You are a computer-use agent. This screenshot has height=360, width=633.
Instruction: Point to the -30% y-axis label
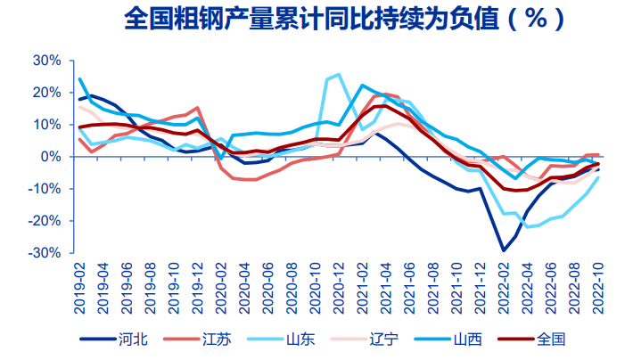coord(45,253)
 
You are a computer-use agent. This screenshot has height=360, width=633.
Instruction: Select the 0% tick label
coord(50,157)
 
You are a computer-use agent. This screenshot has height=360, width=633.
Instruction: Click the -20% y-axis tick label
coord(45,221)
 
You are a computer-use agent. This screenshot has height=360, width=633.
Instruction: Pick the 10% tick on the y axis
coord(46,125)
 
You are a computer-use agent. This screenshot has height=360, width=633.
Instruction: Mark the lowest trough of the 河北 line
coord(504,250)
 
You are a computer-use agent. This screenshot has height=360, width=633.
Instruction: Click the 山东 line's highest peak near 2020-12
coord(338,75)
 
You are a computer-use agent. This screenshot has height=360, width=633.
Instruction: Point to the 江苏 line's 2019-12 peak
coord(197,108)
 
